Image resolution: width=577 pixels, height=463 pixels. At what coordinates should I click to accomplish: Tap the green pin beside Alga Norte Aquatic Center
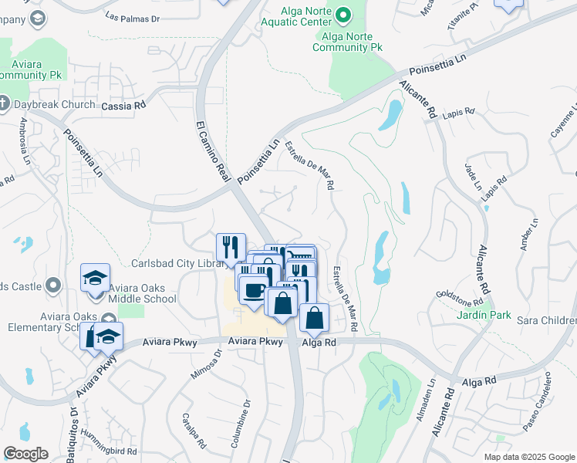click(x=344, y=13)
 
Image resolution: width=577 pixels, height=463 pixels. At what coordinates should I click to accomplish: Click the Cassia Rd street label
click(x=123, y=105)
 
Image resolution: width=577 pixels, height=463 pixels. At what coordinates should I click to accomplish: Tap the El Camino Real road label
click(x=213, y=151)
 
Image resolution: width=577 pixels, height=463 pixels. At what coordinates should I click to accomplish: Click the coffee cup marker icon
click(x=253, y=290)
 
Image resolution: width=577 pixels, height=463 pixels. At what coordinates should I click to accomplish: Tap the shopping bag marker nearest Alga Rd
click(x=315, y=317)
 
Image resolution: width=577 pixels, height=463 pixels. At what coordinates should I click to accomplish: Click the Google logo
click(x=25, y=454)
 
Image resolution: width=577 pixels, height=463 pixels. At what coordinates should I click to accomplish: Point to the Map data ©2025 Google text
click(x=528, y=456)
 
